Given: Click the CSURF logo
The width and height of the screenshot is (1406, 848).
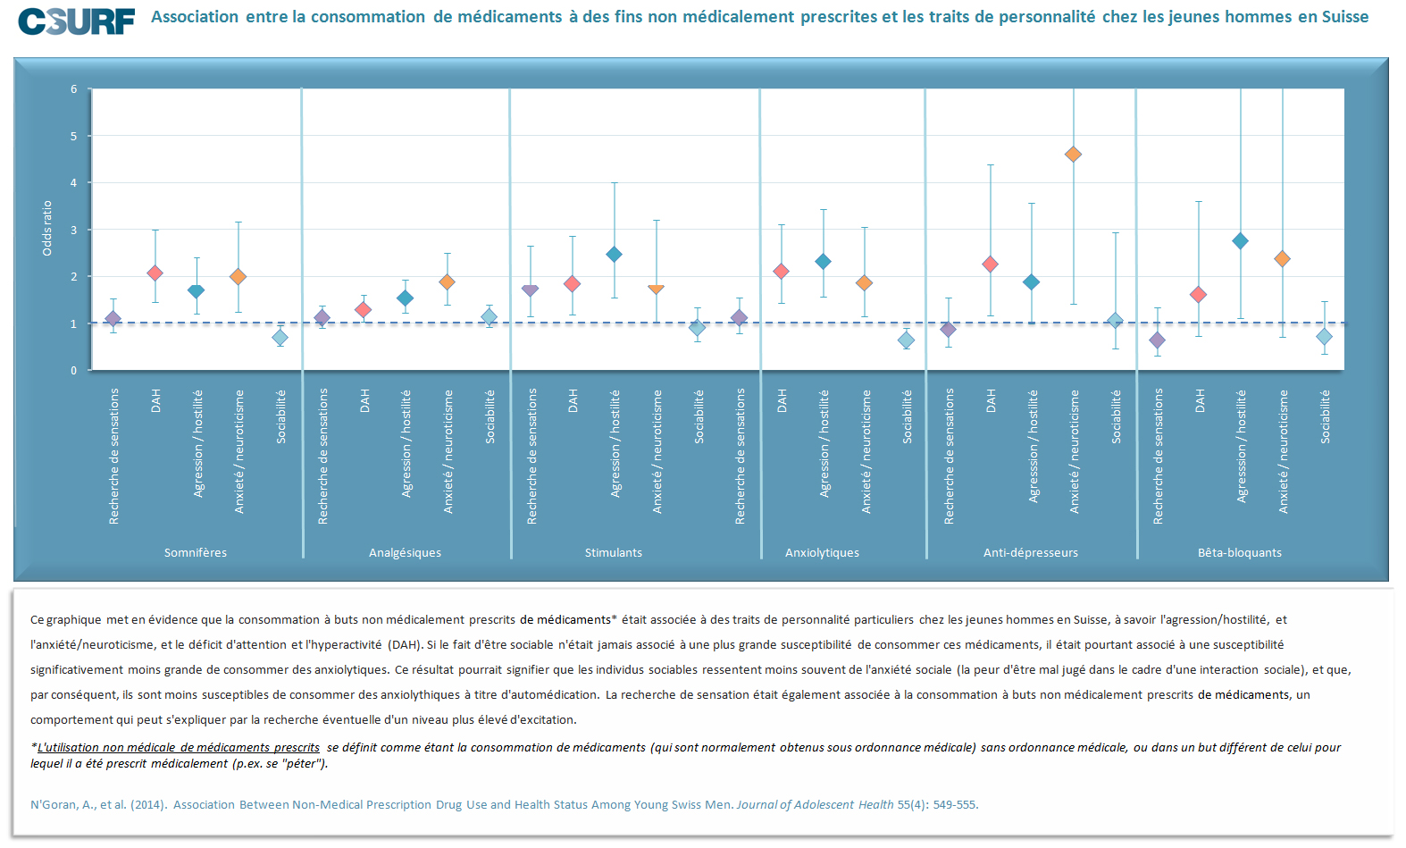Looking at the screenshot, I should pos(77,21).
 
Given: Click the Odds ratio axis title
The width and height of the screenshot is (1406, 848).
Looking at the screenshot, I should pos(47,228).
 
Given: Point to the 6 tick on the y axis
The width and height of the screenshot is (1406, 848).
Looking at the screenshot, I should pos(74,89).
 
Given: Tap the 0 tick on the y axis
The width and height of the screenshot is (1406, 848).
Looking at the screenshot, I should pos(74,370).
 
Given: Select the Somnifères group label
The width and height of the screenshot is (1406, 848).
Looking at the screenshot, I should pos(196,552).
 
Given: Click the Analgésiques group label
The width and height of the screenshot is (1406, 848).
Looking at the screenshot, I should pos(405,552).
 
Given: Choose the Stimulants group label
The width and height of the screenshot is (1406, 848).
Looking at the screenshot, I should pos(614,552).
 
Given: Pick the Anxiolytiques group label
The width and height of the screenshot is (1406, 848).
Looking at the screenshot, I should pos(822,552).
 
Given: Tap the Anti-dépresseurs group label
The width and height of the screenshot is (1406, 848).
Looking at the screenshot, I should pos(1031,552).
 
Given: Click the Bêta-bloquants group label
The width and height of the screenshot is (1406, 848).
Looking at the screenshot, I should pos(1240,552).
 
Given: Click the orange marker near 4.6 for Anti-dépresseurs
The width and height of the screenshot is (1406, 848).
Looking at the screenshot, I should pos(1074,155).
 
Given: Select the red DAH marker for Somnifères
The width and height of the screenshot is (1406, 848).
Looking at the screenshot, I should pos(155,273).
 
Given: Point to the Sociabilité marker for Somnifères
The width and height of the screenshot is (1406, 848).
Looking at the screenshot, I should pos(280,338).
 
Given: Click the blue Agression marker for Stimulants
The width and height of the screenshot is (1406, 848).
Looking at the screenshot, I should pos(614,255).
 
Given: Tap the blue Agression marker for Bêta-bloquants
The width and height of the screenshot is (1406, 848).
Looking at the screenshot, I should pos(1240,241).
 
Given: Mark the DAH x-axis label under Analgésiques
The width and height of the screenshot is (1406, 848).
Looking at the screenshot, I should pos(364,400).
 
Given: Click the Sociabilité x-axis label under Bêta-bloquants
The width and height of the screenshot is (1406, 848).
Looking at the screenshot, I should pos(1325,416).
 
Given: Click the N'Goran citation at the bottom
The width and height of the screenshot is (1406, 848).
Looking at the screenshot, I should pos(504,804).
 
